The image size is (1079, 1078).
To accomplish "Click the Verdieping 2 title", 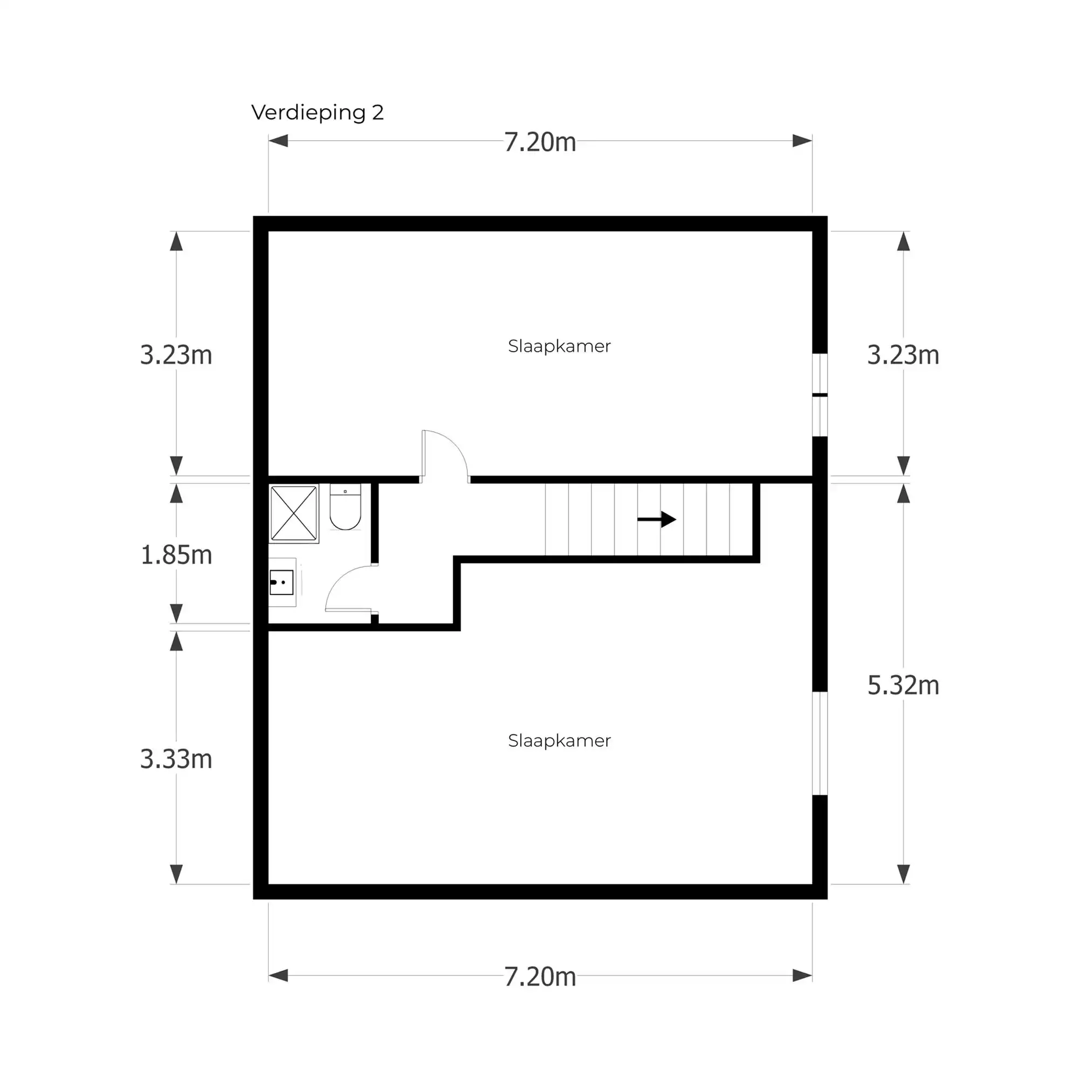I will coord(317,112).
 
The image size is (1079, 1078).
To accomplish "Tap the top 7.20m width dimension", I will coord(539,142).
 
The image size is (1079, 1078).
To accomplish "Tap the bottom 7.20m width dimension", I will coord(539,977).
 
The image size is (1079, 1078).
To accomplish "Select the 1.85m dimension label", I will coord(176,555).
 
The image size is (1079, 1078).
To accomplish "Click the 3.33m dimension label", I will coord(176,759).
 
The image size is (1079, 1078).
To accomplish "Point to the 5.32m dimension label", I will coord(903,685).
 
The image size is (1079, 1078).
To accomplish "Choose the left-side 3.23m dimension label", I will coord(176,355).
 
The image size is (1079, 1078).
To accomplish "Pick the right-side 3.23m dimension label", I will coord(903,355).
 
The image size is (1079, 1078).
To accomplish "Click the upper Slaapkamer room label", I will coord(559,346).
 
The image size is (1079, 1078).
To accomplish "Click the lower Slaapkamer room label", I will coord(559,740).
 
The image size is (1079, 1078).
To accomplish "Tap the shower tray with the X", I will coord(294,513).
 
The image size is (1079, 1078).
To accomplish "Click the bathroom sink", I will coord(282,582).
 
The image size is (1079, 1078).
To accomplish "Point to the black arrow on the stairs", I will coord(657,519).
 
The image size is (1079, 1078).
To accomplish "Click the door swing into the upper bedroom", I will coord(445,455).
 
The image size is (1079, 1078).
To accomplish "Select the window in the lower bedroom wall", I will coord(819,743).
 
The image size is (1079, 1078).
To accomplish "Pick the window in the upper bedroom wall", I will coord(819,395).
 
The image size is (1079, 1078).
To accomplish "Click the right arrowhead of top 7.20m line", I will coord(802,141).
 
